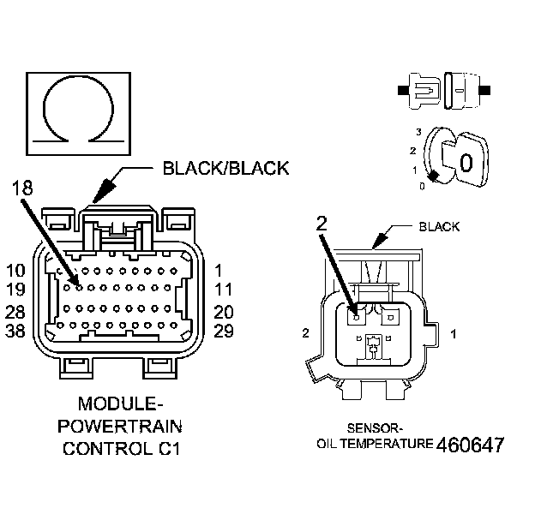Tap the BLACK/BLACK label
click(x=225, y=168)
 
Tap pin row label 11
click(x=225, y=290)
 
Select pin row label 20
click(x=225, y=312)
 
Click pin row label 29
click(x=225, y=331)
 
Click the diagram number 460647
click(x=470, y=445)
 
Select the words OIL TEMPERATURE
click(x=375, y=444)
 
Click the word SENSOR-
click(x=376, y=427)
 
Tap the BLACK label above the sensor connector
click(x=439, y=227)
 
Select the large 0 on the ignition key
click(x=466, y=162)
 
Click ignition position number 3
click(x=418, y=131)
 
